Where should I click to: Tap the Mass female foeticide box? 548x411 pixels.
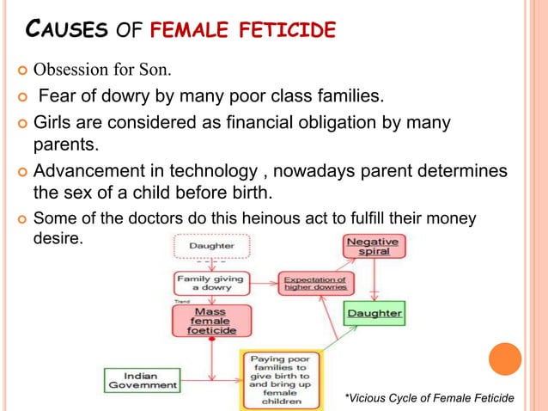pyautogui.click(x=210, y=321)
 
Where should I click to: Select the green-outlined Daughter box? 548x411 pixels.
pyautogui.click(x=374, y=313)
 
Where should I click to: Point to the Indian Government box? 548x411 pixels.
pyautogui.click(x=141, y=380)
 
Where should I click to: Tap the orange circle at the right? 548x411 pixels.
pyautogui.click(x=505, y=359)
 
